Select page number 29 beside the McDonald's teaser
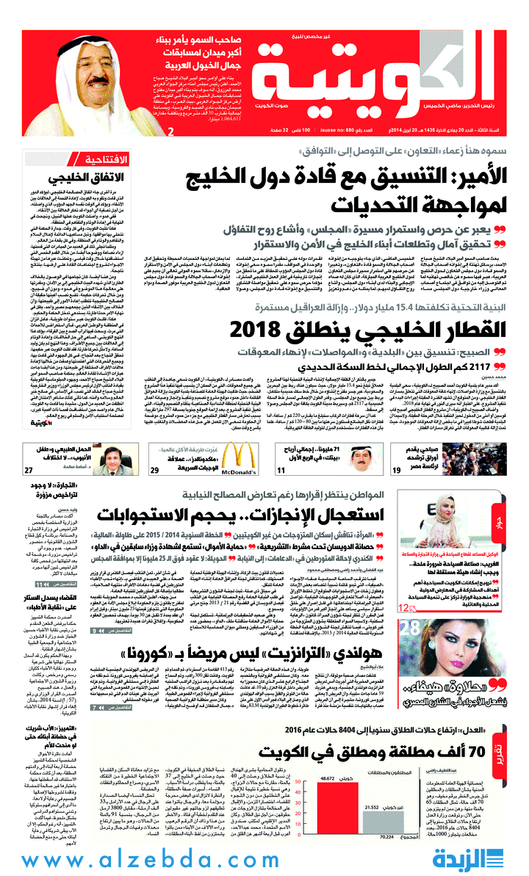coord(155,491)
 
